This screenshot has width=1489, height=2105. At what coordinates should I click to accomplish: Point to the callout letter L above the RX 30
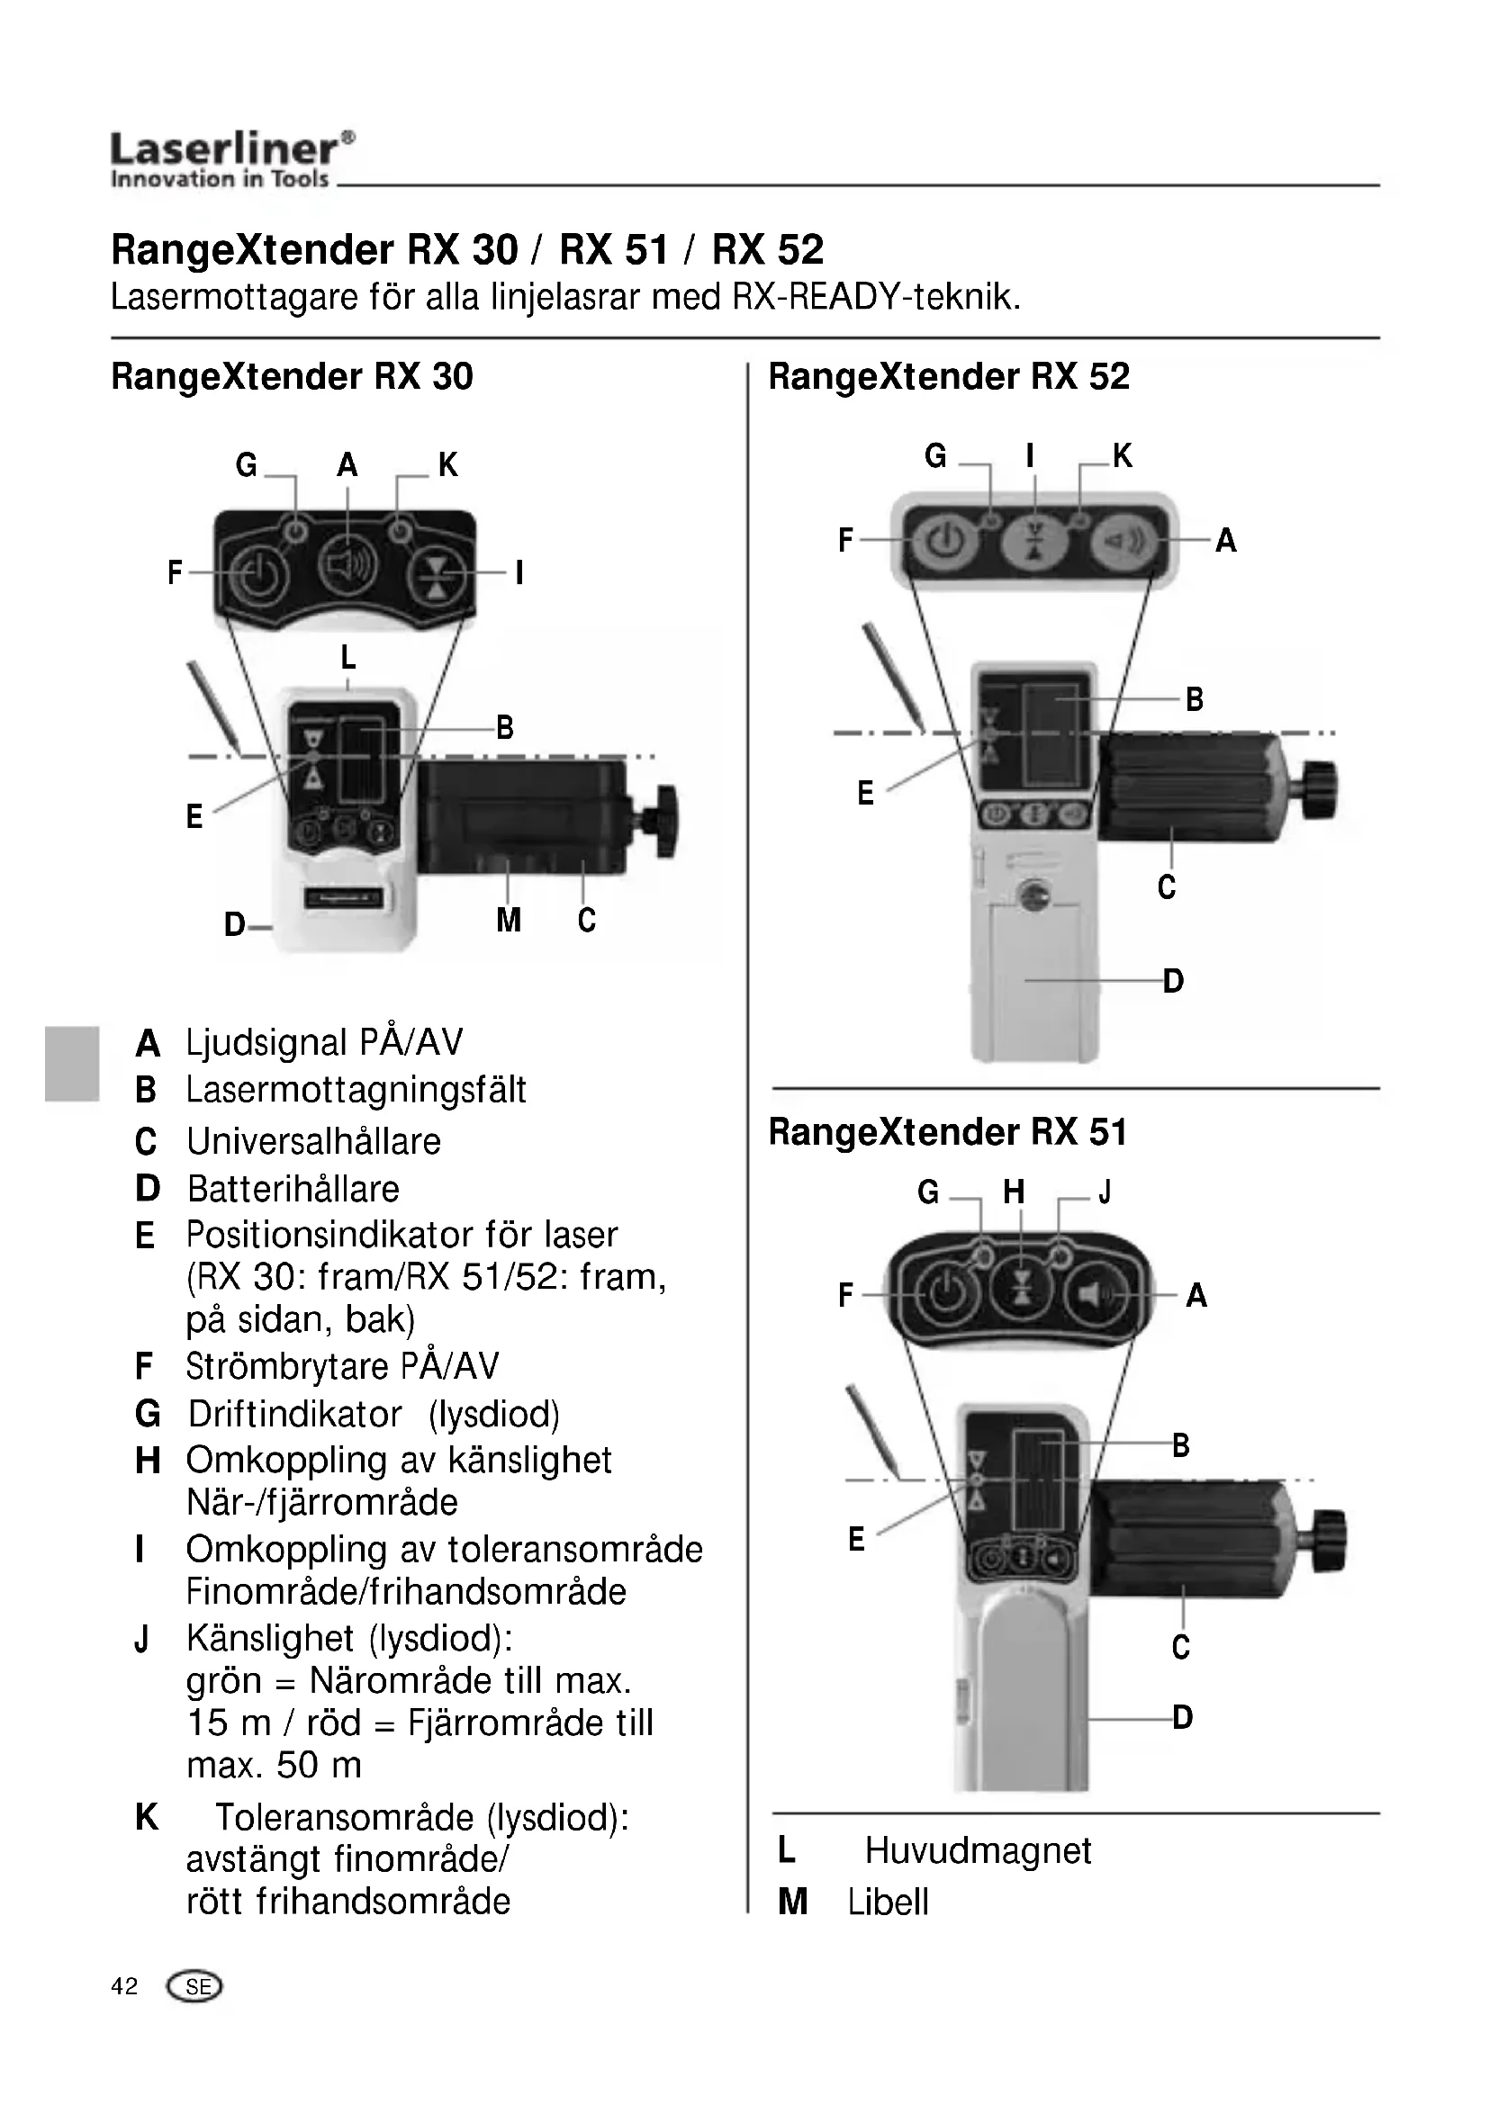pyautogui.click(x=348, y=657)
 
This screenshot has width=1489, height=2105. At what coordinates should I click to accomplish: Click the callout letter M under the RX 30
pyautogui.click(x=509, y=920)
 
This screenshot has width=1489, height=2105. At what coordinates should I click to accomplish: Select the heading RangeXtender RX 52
pyautogui.click(x=949, y=377)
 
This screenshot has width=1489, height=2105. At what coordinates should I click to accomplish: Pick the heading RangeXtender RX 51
pyautogui.click(x=947, y=1132)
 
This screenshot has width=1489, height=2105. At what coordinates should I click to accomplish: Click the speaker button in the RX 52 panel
pyautogui.click(x=1124, y=541)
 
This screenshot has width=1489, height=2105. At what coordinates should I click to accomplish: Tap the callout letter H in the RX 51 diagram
pyautogui.click(x=1013, y=1192)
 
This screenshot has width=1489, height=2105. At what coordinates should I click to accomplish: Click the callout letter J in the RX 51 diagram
pyautogui.click(x=1105, y=1192)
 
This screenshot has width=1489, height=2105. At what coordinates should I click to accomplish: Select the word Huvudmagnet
pyautogui.click(x=979, y=1851)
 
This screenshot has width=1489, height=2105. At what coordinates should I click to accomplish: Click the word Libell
pyautogui.click(x=888, y=1903)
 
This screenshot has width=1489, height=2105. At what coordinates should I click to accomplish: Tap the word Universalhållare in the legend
pyautogui.click(x=313, y=1141)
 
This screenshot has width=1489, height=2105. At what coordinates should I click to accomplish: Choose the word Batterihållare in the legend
pyautogui.click(x=293, y=1189)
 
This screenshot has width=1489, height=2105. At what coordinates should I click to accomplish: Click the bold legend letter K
pyautogui.click(x=147, y=1817)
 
